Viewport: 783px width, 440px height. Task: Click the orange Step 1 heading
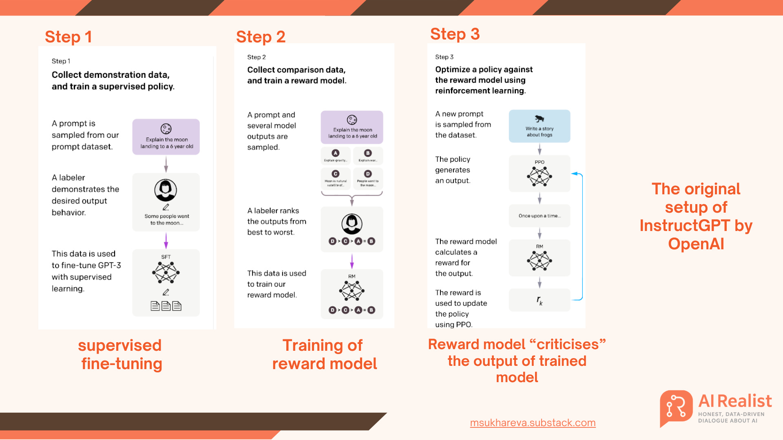[68, 37]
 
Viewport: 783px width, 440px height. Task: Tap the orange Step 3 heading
[455, 34]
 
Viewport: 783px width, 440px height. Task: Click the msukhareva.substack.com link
[533, 422]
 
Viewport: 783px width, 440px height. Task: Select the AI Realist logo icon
[676, 407]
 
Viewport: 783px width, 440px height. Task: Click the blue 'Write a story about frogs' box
[539, 126]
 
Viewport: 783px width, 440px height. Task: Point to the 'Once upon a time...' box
[539, 216]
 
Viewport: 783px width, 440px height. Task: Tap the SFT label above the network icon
[166, 257]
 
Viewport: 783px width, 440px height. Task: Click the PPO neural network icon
[539, 177]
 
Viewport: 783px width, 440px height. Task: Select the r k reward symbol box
[539, 300]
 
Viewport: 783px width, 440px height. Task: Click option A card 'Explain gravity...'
[336, 156]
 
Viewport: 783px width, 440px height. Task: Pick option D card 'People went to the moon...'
[368, 178]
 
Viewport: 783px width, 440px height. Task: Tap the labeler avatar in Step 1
[166, 190]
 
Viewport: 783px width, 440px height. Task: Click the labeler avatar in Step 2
[352, 224]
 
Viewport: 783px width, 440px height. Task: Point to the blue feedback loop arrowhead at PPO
[574, 174]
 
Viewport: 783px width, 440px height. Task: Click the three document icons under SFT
[166, 306]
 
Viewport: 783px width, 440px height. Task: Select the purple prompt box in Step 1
[166, 137]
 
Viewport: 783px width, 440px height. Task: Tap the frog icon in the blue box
[539, 119]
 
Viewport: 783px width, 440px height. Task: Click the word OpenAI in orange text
[696, 244]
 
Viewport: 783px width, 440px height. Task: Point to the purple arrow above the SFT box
[166, 240]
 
